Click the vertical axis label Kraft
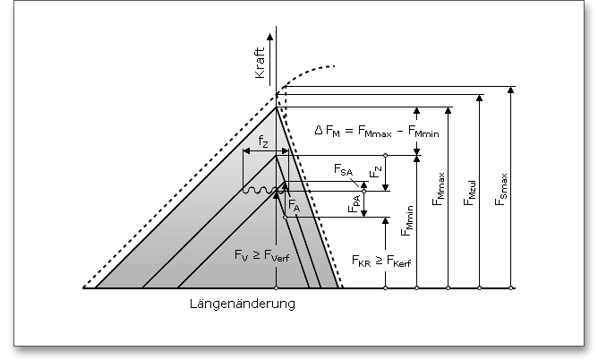tap(261, 65)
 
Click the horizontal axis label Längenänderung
tap(242, 304)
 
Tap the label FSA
tap(343, 169)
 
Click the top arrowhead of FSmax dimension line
tap(511, 90)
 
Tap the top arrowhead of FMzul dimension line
tap(479, 99)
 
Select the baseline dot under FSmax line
tap(511, 288)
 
